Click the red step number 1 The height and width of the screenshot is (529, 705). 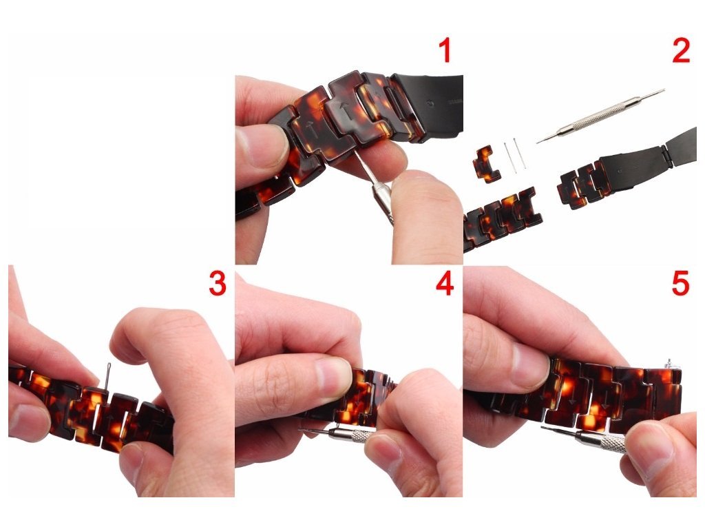[x=445, y=50]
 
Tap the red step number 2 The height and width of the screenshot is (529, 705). [x=681, y=51]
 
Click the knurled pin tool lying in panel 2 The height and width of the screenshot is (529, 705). [x=600, y=116]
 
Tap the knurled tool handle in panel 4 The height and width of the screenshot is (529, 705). [x=350, y=435]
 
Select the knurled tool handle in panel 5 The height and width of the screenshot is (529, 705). [x=602, y=440]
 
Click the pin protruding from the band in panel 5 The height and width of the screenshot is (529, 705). [x=670, y=364]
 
